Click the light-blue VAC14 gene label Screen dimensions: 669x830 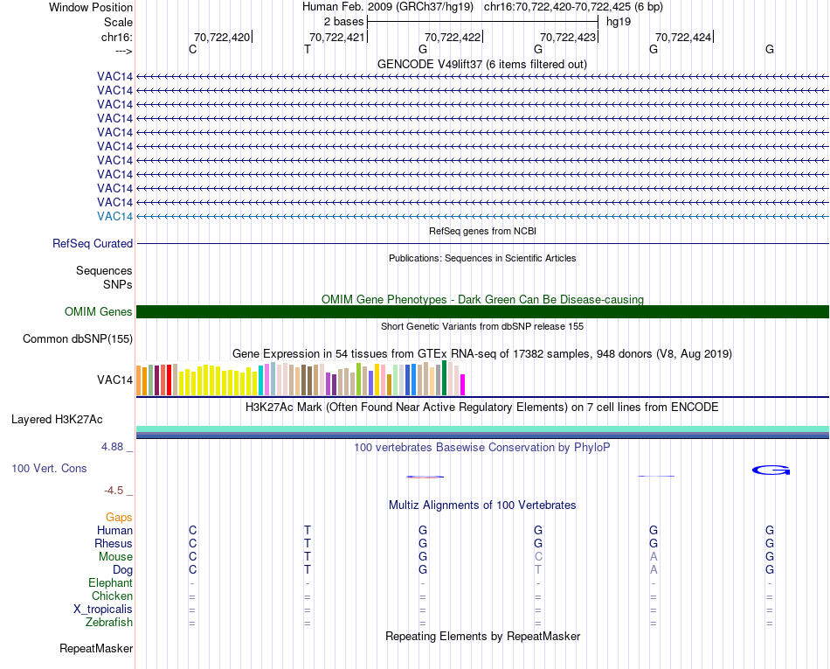point(115,216)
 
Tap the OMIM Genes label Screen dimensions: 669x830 point(99,311)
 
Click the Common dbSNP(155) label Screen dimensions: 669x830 point(78,339)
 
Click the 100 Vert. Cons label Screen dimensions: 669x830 point(49,469)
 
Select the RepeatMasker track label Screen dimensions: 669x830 point(96,649)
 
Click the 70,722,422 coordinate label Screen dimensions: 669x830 point(453,37)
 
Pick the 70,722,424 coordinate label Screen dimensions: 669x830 point(683,37)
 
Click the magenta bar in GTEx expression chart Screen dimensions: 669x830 point(463,385)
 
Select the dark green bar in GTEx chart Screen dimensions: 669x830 point(445,378)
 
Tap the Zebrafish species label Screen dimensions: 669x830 point(110,623)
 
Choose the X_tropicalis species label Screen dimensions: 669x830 point(103,610)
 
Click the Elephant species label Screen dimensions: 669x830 point(110,583)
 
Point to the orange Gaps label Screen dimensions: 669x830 point(119,518)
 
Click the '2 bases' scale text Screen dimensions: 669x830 point(342,21)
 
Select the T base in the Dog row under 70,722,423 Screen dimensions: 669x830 point(538,570)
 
